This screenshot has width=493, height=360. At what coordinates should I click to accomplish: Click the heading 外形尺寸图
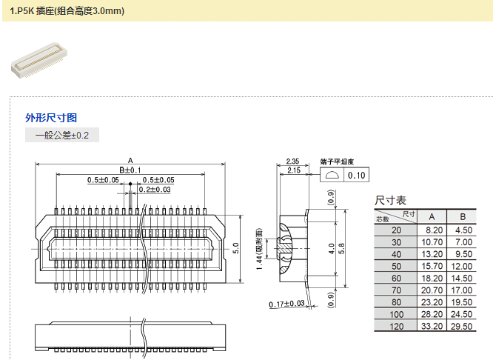tap(51, 118)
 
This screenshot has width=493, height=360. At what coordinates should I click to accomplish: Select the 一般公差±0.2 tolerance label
tap(62, 136)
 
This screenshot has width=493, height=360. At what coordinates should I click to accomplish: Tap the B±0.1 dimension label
tap(130, 170)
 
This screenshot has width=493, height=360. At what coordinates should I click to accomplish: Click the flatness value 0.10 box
tap(357, 176)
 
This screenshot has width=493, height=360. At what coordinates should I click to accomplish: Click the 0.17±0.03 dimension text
tap(287, 304)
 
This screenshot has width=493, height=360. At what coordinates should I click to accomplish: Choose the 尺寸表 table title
tap(390, 201)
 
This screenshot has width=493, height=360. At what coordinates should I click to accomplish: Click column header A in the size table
tap(432, 216)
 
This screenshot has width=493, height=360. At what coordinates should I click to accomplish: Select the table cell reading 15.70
tap(432, 266)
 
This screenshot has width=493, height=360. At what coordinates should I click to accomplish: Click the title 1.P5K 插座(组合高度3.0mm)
tap(67, 11)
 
